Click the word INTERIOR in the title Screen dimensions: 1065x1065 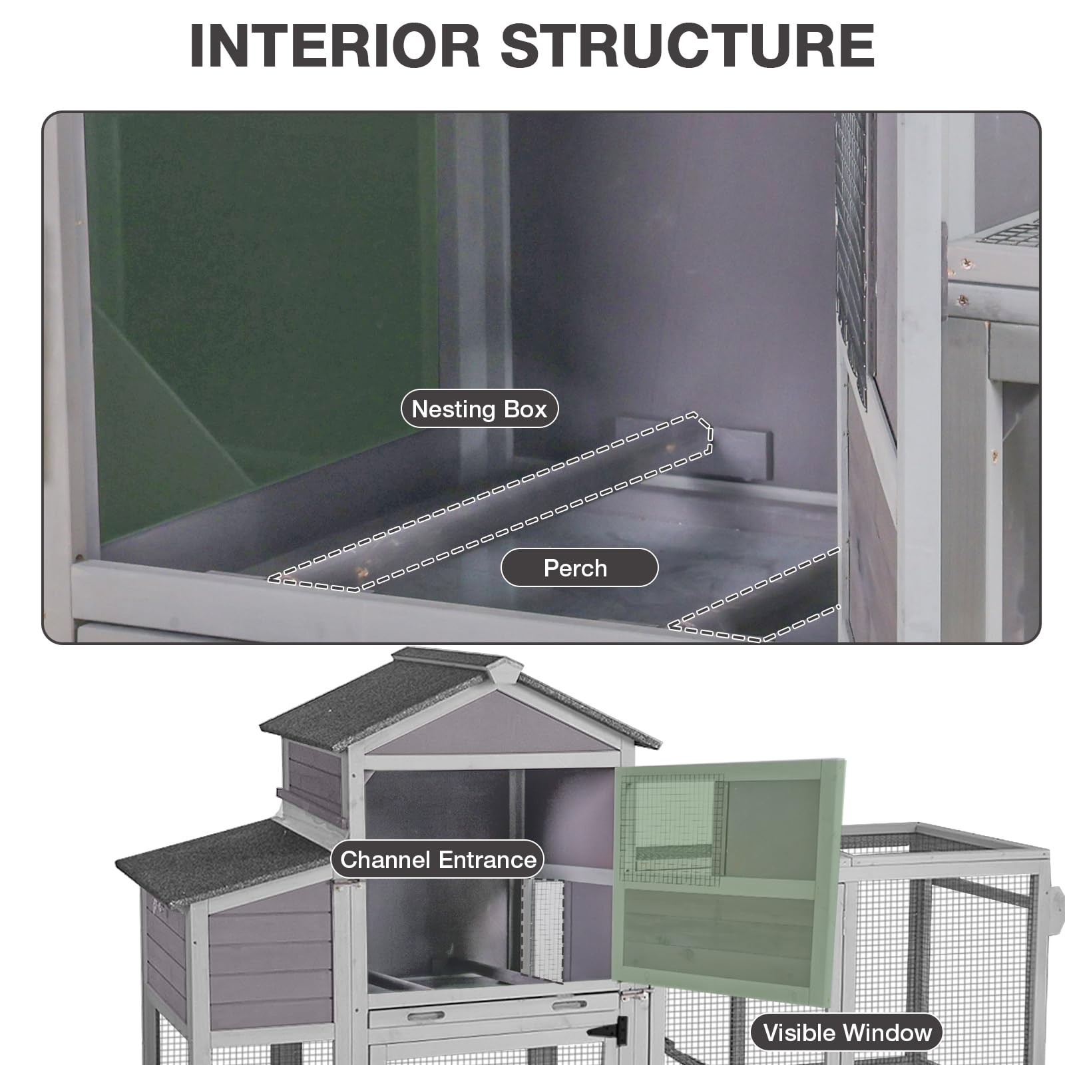[335, 46]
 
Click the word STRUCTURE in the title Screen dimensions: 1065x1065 [687, 46]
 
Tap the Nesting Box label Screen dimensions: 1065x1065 [479, 409]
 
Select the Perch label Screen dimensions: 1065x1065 [579, 568]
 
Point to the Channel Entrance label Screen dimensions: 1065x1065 [437, 860]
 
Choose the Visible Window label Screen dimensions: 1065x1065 [847, 1032]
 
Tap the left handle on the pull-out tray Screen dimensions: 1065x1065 [425, 1016]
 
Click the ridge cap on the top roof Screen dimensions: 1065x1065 [453, 660]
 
